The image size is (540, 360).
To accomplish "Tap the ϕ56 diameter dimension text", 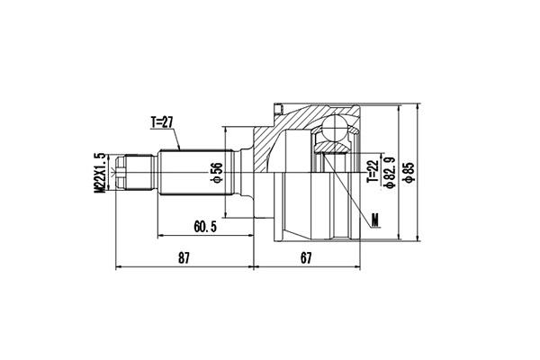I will [217, 173].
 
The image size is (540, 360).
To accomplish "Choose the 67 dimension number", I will [307, 259].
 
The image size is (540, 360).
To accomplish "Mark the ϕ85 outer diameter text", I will [409, 171].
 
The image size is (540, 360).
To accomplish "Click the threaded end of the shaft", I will [133, 172].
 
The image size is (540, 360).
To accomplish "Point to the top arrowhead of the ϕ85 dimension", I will [420, 105].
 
